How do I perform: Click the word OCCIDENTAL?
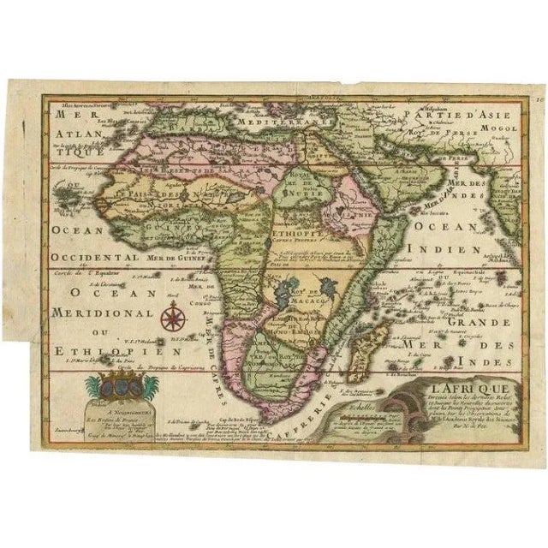tap(95, 255)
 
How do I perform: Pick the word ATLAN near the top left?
tap(71, 134)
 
